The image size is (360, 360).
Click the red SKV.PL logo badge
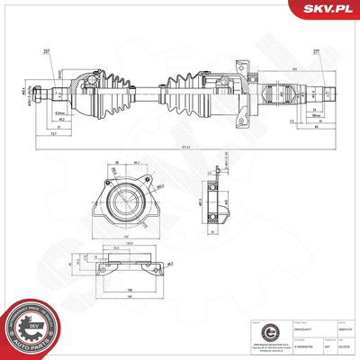coord(330,9)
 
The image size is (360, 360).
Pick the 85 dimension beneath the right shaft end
coord(319,125)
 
